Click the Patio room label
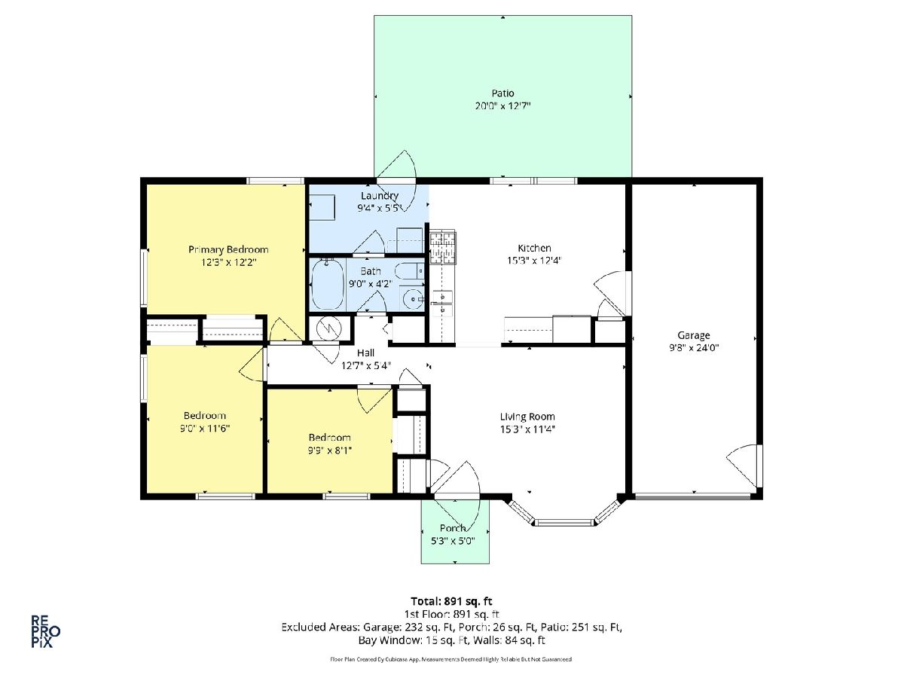point(502,93)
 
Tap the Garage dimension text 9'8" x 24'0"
point(694,348)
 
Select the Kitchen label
point(534,249)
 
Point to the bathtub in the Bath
point(328,285)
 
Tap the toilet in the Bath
point(409,272)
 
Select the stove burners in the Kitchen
point(442,246)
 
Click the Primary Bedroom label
point(228,250)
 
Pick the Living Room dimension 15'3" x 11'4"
point(527,429)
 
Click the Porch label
point(453,528)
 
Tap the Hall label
point(365,353)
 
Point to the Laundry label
point(380,196)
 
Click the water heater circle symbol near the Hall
point(329,328)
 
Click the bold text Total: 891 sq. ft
point(452,601)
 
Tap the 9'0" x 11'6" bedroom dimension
point(205,429)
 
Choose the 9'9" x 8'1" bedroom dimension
point(330,450)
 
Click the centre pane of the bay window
point(565,524)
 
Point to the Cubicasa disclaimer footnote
point(451,659)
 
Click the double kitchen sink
point(442,303)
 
